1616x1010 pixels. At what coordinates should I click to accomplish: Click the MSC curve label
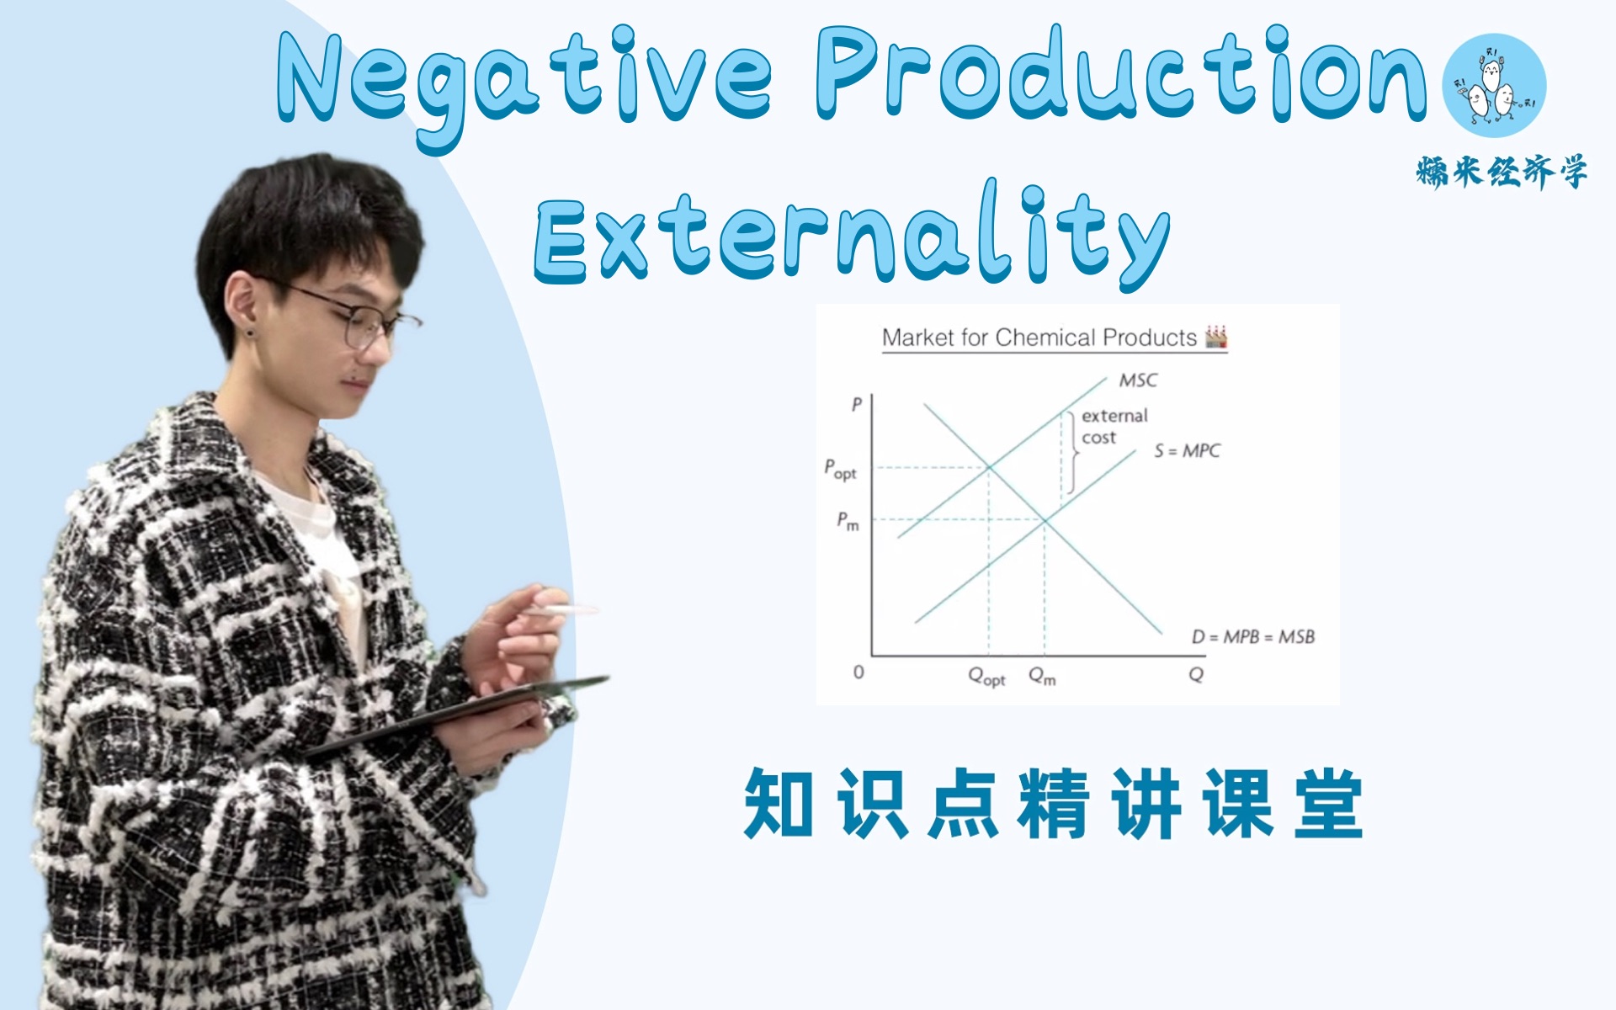pos(1138,380)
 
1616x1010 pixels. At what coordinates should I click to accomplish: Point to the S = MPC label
pos(1187,451)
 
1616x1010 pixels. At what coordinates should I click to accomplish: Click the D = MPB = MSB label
pos(1252,637)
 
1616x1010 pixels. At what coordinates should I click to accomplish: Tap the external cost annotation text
pos(1113,427)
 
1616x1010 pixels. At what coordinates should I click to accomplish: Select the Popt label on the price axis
pos(840,470)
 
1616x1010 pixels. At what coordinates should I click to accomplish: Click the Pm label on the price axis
pos(848,521)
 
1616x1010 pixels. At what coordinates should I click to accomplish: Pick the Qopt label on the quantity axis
pos(986,676)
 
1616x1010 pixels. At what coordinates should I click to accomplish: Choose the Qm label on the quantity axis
pos(1042,676)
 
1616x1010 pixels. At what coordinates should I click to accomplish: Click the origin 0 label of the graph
pos(858,672)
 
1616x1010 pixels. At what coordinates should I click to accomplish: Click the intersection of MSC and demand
pos(989,467)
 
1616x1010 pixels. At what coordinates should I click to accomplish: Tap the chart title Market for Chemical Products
pos(1039,338)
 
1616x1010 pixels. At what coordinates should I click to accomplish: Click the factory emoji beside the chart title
pos(1216,338)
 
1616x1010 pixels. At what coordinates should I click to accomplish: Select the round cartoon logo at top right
pos(1494,85)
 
